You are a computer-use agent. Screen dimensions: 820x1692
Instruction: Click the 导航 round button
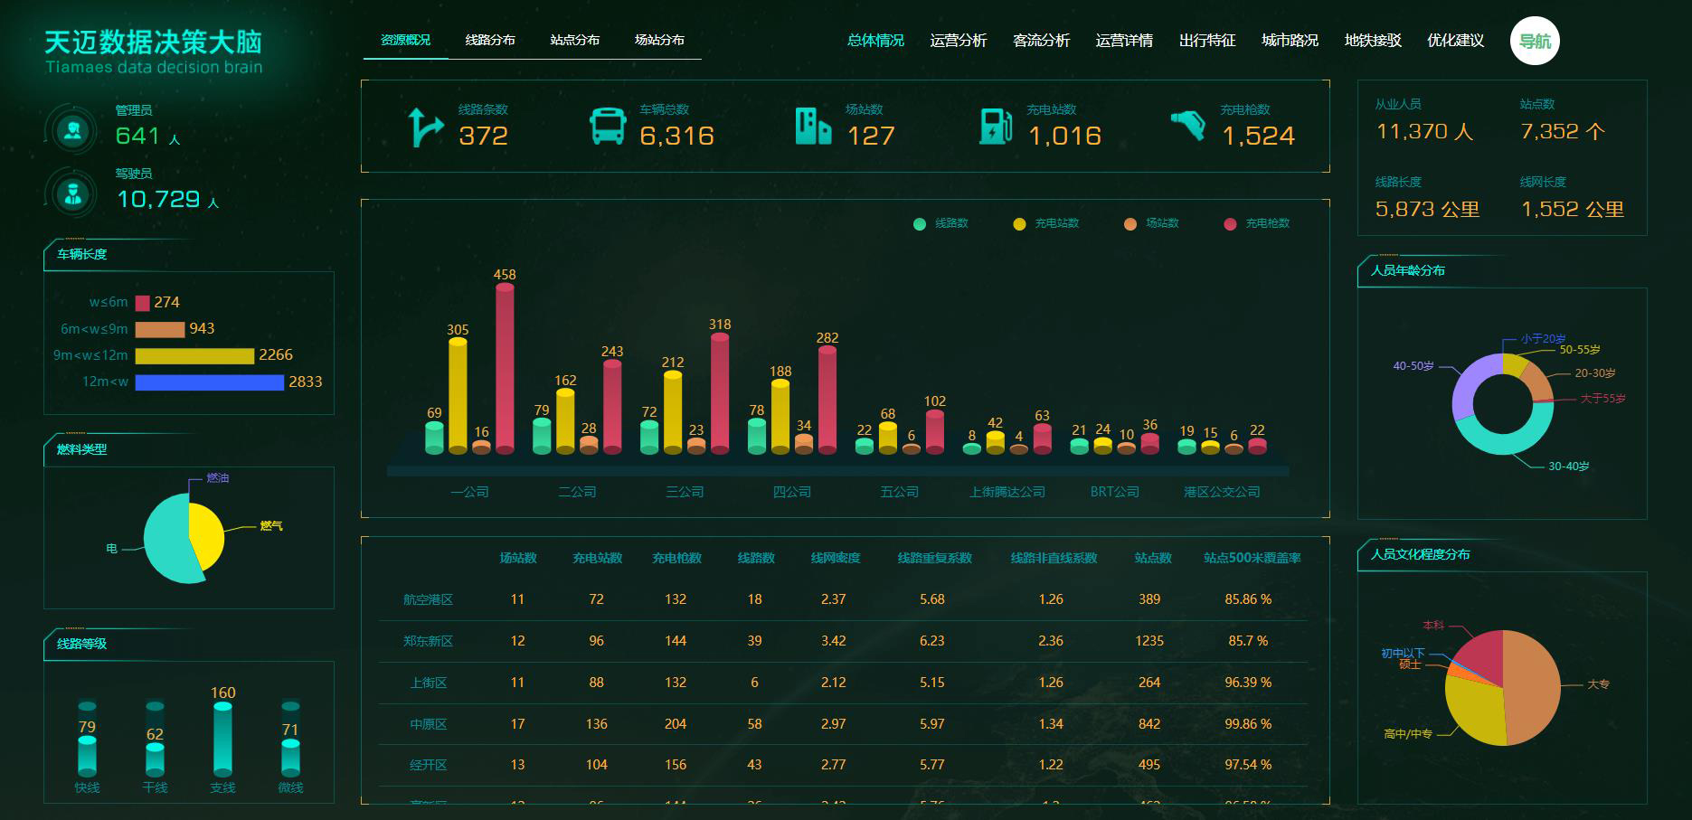click(x=1534, y=42)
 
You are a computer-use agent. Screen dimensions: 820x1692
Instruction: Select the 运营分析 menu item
click(x=958, y=41)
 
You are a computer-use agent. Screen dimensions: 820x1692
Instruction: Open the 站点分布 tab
click(x=574, y=41)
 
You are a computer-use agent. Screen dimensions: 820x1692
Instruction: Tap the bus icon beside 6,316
click(x=608, y=127)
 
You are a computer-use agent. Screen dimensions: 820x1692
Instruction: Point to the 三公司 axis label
click(x=685, y=492)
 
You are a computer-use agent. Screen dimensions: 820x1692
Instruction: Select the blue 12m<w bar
click(x=209, y=382)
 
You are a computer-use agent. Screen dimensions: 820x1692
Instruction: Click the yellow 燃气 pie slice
click(x=206, y=533)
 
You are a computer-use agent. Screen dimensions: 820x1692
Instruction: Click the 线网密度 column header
click(x=835, y=558)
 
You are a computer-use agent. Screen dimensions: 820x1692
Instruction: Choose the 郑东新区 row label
click(x=428, y=641)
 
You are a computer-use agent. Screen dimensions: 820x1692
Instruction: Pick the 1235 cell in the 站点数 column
click(x=1149, y=641)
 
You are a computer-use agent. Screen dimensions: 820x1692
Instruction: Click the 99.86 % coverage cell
click(x=1248, y=724)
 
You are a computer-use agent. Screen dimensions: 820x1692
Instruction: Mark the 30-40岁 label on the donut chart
click(x=1568, y=467)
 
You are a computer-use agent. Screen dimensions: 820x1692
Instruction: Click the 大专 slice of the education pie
click(x=1531, y=687)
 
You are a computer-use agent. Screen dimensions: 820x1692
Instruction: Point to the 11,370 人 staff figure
click(x=1424, y=132)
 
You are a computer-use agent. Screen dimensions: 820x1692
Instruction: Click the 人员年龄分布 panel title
click(x=1407, y=270)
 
